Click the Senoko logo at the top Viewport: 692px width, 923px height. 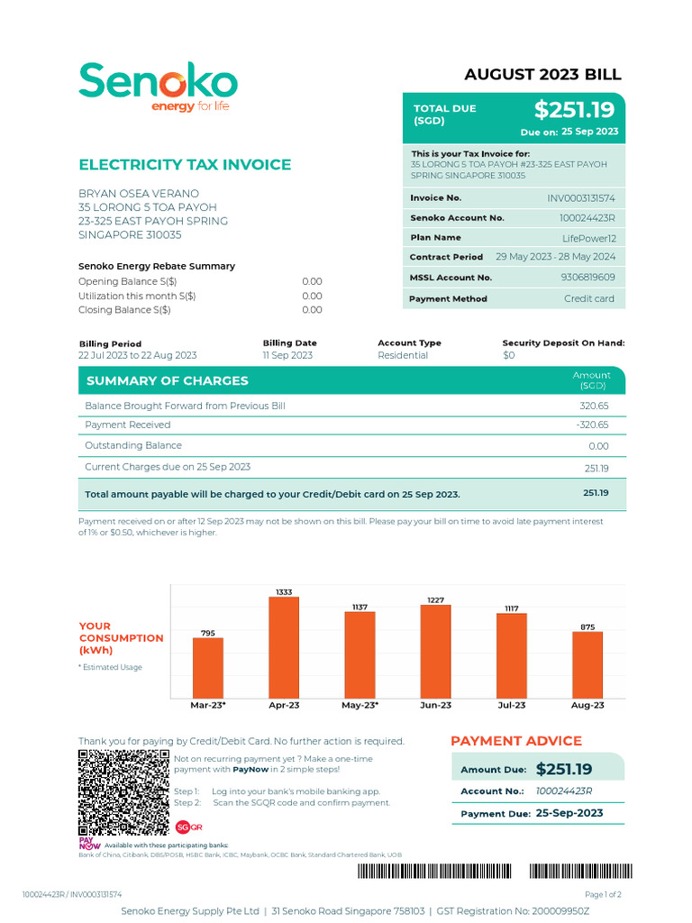pyautogui.click(x=158, y=87)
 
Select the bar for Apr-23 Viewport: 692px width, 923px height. pyautogui.click(x=284, y=647)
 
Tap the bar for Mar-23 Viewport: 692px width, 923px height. pyautogui.click(x=208, y=667)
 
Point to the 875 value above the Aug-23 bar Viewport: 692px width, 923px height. pyautogui.click(x=587, y=626)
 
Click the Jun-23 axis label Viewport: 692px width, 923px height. pyautogui.click(x=436, y=705)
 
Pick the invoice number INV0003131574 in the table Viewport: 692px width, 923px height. pyautogui.click(x=581, y=197)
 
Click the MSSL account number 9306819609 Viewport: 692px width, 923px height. pyautogui.click(x=587, y=278)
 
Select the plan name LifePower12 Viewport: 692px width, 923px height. pyautogui.click(x=589, y=238)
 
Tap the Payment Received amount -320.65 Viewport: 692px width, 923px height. pyautogui.click(x=592, y=425)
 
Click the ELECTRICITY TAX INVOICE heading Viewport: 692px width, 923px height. pyautogui.click(x=185, y=164)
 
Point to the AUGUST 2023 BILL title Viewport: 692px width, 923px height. pyautogui.click(x=542, y=75)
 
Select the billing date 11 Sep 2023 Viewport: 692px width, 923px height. pyautogui.click(x=287, y=355)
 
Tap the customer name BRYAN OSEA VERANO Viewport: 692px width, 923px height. pyautogui.click(x=139, y=194)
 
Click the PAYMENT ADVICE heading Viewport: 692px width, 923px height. pyautogui.click(x=516, y=741)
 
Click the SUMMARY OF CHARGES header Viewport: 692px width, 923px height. pyautogui.click(x=167, y=381)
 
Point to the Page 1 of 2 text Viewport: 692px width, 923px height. pyautogui.click(x=603, y=894)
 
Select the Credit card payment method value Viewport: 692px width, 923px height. pyautogui.click(x=588, y=298)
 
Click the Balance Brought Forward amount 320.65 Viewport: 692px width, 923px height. pyautogui.click(x=594, y=406)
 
